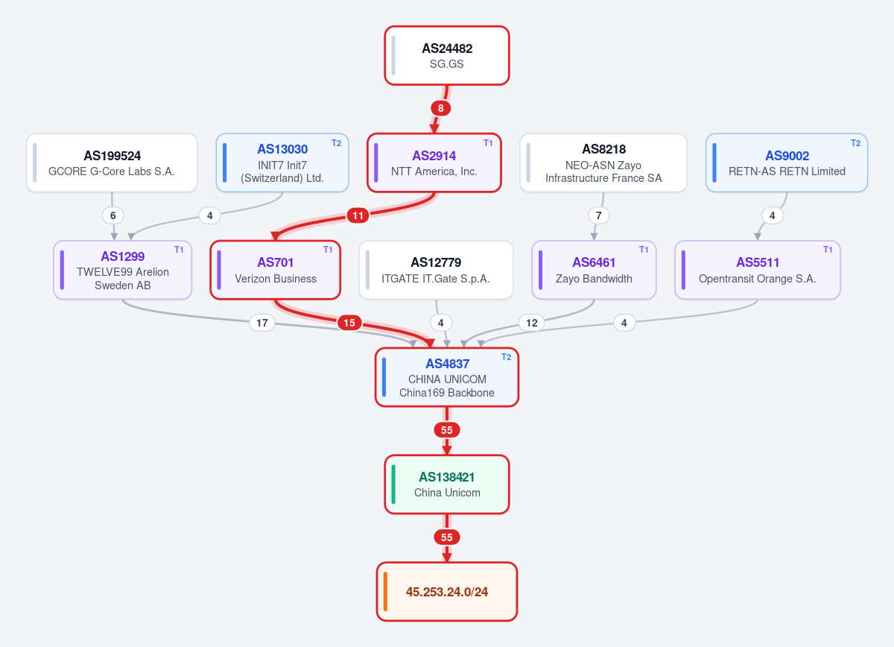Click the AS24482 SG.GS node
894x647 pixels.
[x=446, y=55]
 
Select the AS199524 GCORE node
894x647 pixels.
[x=112, y=163]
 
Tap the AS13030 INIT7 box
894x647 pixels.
[x=282, y=163]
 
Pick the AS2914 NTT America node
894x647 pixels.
[x=434, y=163]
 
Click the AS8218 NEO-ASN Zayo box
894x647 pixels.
[x=603, y=163]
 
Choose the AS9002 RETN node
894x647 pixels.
[x=786, y=163]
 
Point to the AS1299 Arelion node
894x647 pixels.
[x=122, y=270]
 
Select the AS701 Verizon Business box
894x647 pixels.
[x=276, y=270]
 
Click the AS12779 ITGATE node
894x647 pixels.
[x=436, y=270]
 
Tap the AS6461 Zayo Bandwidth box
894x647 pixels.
[x=594, y=270]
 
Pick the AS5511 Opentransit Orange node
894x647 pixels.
[x=758, y=270]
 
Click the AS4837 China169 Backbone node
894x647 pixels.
[x=446, y=377]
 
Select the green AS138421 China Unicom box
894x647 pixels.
[x=446, y=485]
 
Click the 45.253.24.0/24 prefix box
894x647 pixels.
[x=446, y=592]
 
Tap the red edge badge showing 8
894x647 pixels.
[x=440, y=108]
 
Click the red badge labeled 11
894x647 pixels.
[x=358, y=215]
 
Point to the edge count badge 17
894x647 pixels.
[x=261, y=323]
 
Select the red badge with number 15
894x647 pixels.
[x=349, y=323]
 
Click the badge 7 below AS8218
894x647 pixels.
[x=599, y=215]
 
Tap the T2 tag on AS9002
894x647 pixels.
[x=855, y=143]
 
